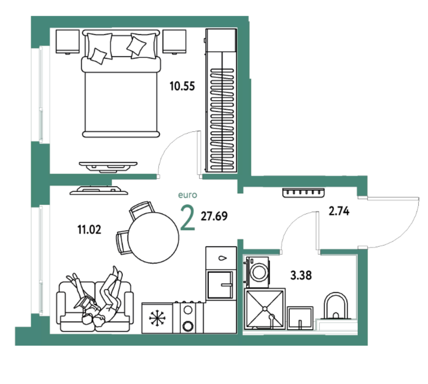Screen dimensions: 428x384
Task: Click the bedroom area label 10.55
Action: [182, 86]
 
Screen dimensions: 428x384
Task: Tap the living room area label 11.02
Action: [89, 230]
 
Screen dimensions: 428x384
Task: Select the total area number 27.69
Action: [214, 216]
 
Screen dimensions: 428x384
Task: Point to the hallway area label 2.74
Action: [339, 211]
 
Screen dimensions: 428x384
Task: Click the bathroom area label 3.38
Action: [301, 275]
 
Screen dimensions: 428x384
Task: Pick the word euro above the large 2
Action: [187, 195]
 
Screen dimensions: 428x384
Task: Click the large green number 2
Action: [188, 218]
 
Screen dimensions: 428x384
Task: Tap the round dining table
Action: [153, 238]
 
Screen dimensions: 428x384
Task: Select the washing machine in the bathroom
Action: [258, 272]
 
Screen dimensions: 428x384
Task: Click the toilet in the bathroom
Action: [336, 306]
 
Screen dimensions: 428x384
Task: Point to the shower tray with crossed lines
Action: [265, 308]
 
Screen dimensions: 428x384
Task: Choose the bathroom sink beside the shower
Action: [300, 318]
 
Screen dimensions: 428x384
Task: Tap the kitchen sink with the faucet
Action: [221, 284]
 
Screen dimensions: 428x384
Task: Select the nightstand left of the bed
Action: [68, 42]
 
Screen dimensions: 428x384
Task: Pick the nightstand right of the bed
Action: [174, 42]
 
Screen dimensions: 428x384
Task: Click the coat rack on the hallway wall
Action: [303, 192]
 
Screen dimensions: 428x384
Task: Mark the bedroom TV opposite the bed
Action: [108, 166]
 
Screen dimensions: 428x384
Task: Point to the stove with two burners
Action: [188, 317]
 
